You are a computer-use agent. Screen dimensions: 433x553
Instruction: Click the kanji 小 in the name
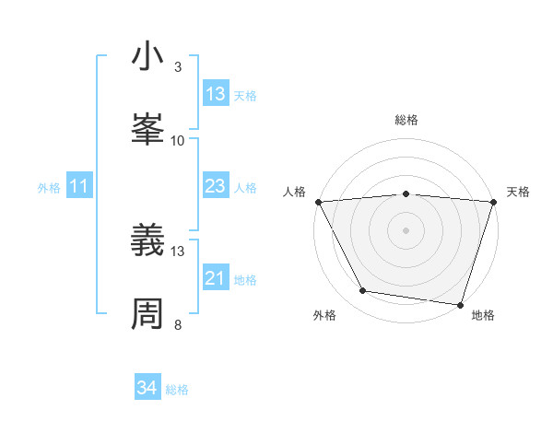pyautogui.click(x=148, y=57)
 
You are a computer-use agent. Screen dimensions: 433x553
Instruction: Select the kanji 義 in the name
pyautogui.click(x=148, y=242)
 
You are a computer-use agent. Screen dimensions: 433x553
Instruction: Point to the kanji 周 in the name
pyautogui.click(x=148, y=312)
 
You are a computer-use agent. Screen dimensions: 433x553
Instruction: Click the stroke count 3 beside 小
pyautogui.click(x=178, y=66)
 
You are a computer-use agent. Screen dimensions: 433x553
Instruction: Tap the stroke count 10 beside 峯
pyautogui.click(x=178, y=140)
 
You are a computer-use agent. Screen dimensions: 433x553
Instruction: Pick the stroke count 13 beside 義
pyautogui.click(x=178, y=251)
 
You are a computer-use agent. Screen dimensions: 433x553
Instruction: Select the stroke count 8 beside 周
pyautogui.click(x=178, y=324)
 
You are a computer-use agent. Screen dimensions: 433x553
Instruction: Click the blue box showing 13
pyautogui.click(x=216, y=94)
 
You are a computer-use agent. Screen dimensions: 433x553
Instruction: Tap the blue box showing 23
pyautogui.click(x=216, y=187)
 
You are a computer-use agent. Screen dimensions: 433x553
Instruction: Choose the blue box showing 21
pyautogui.click(x=216, y=278)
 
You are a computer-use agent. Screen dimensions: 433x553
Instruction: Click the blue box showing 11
pyautogui.click(x=79, y=187)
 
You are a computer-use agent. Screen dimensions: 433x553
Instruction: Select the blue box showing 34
pyautogui.click(x=147, y=389)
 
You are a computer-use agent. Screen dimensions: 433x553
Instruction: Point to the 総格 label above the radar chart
pyautogui.click(x=406, y=120)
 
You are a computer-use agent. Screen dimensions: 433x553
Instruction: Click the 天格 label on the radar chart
pyautogui.click(x=519, y=192)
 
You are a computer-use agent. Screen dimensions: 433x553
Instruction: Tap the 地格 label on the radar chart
pyautogui.click(x=483, y=316)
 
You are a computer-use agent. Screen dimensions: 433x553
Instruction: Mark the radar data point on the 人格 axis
pyautogui.click(x=318, y=202)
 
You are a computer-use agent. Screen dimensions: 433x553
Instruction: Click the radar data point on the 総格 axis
pyautogui.click(x=406, y=193)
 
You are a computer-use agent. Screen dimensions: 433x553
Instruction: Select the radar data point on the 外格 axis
pyautogui.click(x=363, y=291)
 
